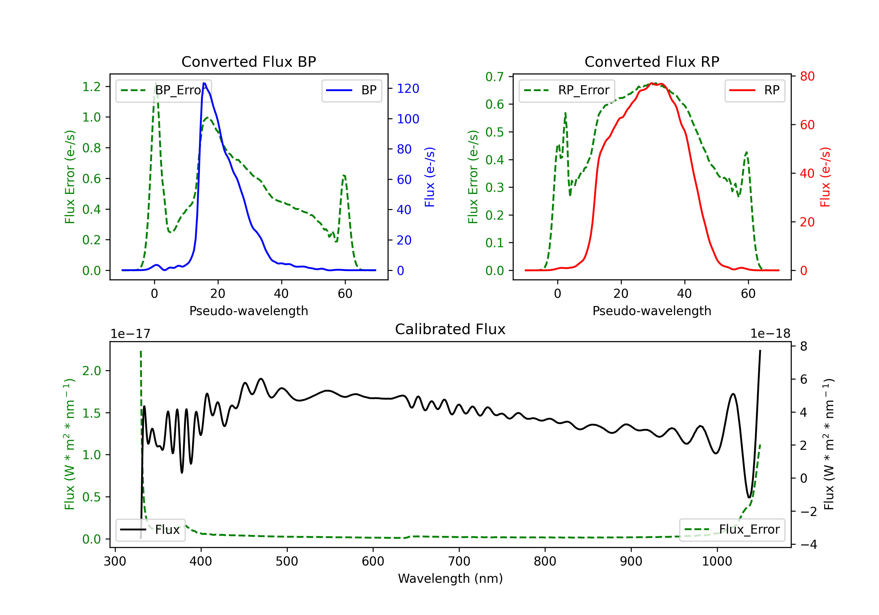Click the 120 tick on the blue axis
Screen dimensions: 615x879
pos(408,89)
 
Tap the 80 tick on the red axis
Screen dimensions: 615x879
pos(807,76)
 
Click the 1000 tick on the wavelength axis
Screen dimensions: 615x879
pos(717,561)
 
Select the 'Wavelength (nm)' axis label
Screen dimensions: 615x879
pos(450,579)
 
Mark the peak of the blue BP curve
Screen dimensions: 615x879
pos(204,83)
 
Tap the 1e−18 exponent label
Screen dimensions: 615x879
pos(770,334)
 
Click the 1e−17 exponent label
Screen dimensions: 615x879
pos(130,334)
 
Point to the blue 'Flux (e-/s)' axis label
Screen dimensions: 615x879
pos(430,177)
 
